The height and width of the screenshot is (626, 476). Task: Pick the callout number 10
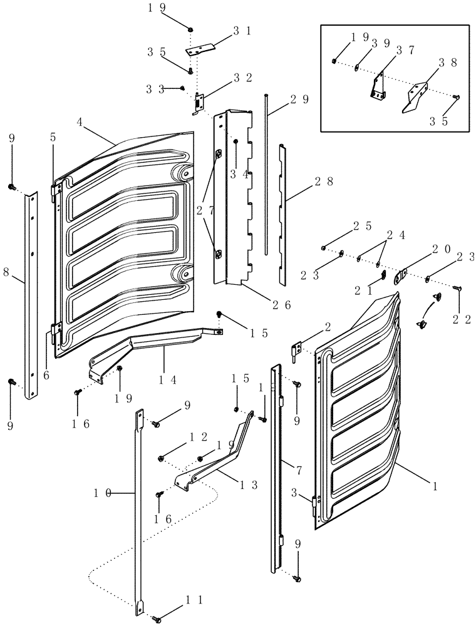point(103,493)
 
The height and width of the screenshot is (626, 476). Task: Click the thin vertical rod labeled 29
point(267,175)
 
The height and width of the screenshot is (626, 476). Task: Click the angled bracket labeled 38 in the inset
point(416,96)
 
